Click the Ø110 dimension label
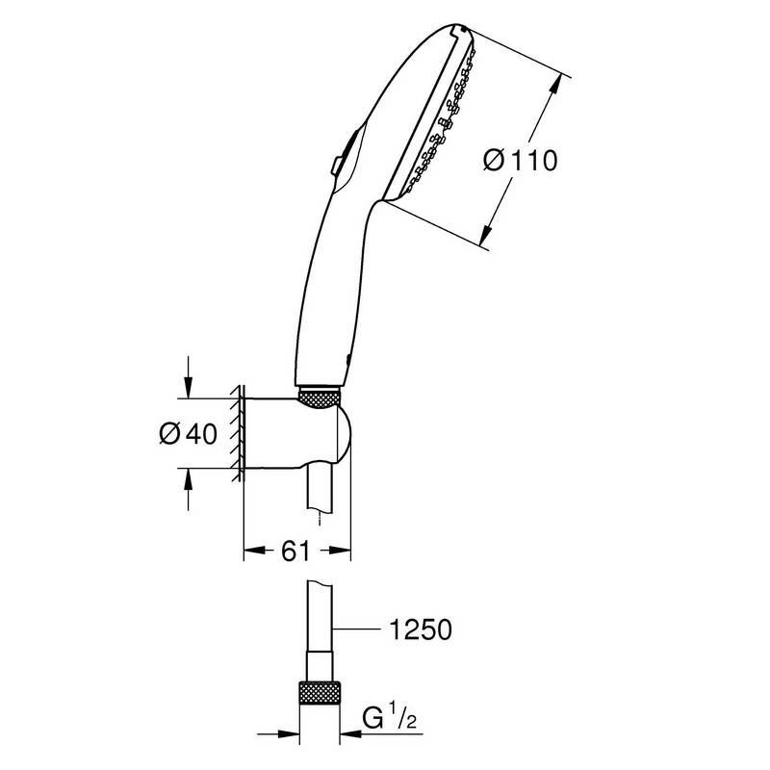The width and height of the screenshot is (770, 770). [520, 161]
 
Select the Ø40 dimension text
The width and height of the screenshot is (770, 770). [188, 433]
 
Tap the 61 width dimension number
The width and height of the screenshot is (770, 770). [295, 551]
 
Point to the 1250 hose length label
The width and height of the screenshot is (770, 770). [421, 629]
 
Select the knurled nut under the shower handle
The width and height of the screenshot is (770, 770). [320, 398]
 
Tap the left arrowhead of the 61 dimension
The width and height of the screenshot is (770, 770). [254, 551]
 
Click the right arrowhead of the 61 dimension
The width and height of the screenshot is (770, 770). [341, 551]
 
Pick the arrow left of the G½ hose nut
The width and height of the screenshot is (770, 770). [278, 734]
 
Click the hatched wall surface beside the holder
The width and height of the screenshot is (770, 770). [238, 432]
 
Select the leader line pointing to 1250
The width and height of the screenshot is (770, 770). [356, 629]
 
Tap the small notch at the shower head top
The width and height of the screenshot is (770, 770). [458, 30]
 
